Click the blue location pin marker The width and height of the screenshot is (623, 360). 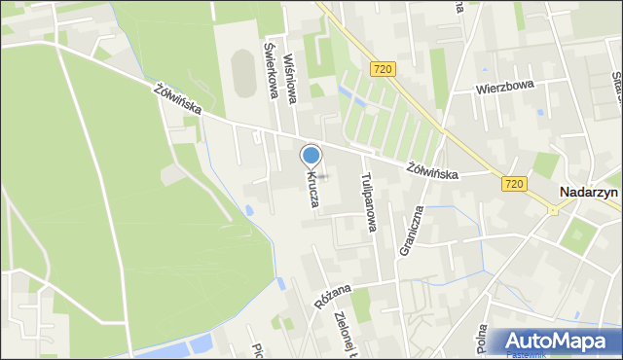coord(311,156)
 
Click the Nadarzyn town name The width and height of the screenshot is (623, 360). coord(591,193)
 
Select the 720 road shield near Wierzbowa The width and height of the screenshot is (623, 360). coord(383,68)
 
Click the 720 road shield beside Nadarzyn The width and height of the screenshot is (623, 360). coord(515,182)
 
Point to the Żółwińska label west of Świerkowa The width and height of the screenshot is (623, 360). coord(177,98)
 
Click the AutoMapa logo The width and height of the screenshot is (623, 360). coord(556,341)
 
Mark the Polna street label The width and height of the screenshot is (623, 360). coord(482,340)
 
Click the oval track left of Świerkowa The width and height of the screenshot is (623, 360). coord(241,74)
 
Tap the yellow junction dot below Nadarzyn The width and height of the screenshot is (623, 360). coord(552,210)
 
